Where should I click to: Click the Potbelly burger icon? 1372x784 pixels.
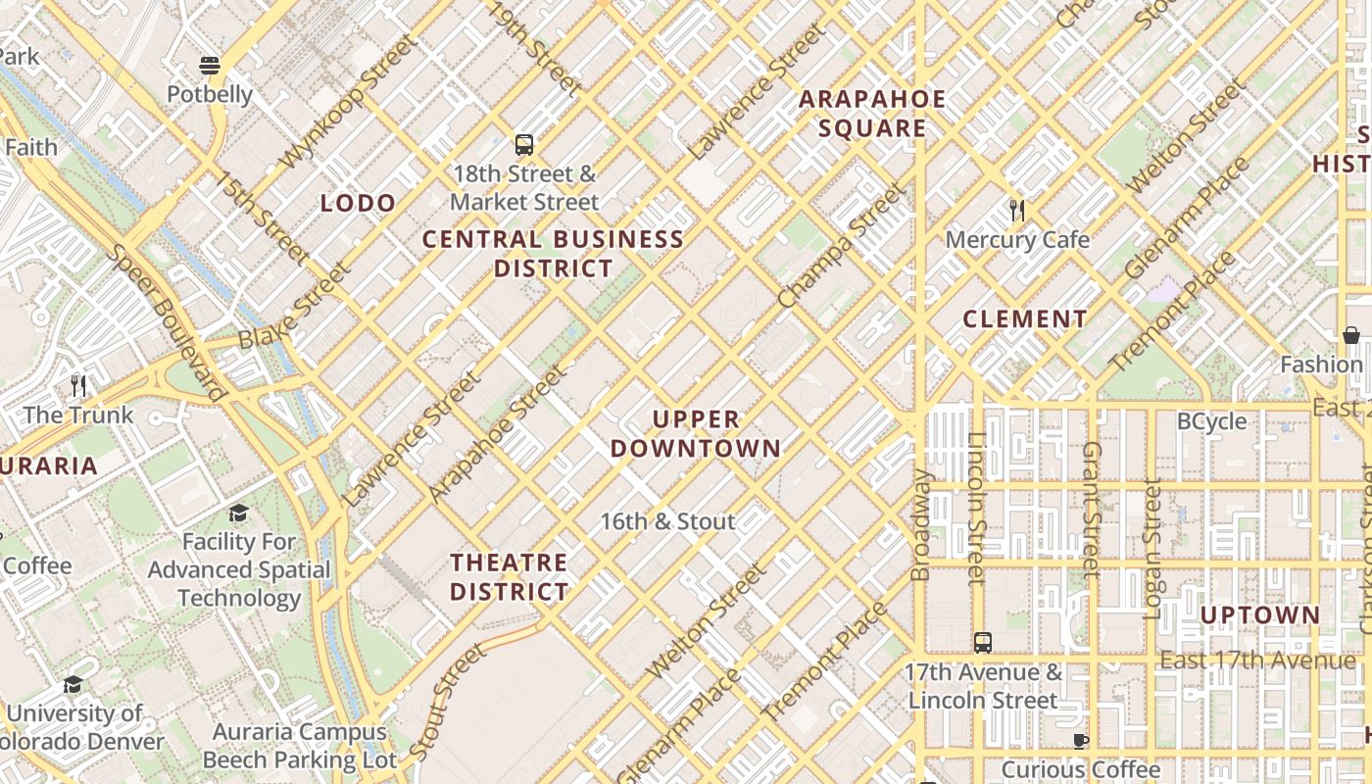[x=210, y=66]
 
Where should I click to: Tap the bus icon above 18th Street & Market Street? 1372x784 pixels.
[x=524, y=145]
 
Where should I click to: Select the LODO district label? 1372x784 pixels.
[x=359, y=204]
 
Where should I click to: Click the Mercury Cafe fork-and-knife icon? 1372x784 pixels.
[x=1017, y=210]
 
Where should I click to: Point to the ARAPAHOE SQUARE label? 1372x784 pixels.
[x=872, y=114]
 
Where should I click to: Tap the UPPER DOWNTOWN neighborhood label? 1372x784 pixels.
[x=696, y=434]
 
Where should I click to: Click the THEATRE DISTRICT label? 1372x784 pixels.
[x=510, y=577]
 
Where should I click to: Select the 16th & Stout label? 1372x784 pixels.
[x=667, y=521]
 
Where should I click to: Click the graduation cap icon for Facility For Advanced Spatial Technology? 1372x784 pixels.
[x=238, y=513]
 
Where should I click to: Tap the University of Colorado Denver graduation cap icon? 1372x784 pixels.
[x=73, y=684]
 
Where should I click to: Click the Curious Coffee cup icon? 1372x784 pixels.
[x=1080, y=741]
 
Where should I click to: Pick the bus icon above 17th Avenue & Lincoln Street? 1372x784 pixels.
[x=983, y=643]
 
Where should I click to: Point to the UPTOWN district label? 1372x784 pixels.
[x=1259, y=615]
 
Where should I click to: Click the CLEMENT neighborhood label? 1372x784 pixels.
[x=1024, y=319]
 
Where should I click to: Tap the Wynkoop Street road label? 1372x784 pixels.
[x=348, y=103]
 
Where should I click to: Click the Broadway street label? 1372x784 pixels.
[x=921, y=524]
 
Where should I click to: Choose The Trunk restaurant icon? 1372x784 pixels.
[x=78, y=385]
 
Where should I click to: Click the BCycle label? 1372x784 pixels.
[x=1211, y=421]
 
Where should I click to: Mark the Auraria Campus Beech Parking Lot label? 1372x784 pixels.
[x=300, y=746]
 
